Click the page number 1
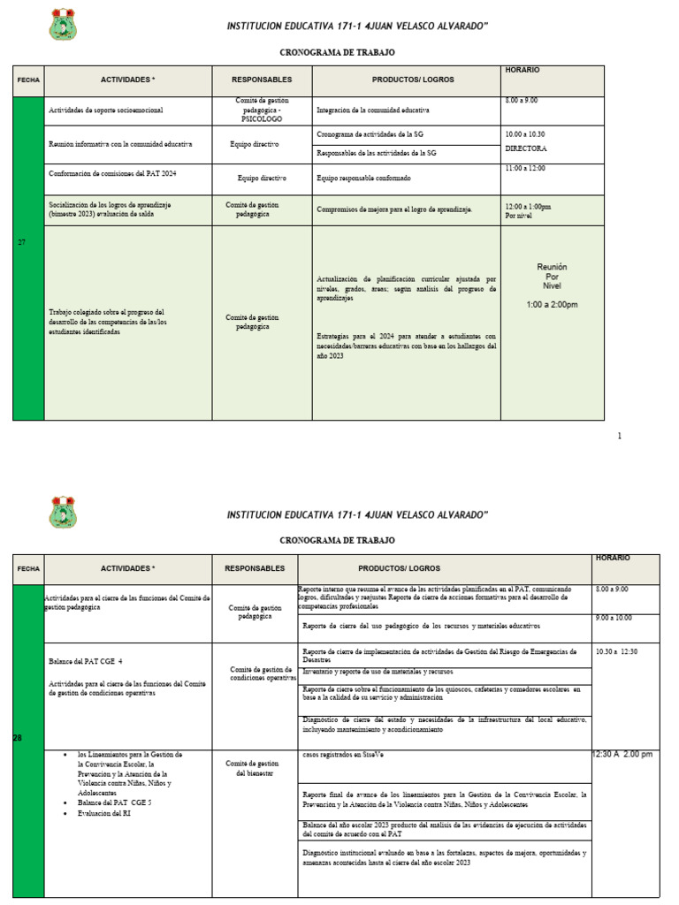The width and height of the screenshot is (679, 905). [620, 436]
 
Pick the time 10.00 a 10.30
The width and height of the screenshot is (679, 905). [525, 133]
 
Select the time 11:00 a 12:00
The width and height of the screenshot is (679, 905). [525, 168]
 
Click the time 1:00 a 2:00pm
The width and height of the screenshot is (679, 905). [552, 305]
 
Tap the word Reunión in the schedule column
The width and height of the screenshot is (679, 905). [552, 267]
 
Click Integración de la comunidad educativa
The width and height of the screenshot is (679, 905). [372, 111]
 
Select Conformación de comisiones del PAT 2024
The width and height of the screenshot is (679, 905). [112, 173]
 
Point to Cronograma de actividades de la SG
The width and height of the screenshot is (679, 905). [376, 133]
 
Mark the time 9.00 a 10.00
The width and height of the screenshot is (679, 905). [614, 618]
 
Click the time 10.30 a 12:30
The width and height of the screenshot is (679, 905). [617, 651]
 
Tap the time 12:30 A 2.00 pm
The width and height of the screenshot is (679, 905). [622, 754]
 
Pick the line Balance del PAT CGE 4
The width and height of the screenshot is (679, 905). [85, 660]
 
